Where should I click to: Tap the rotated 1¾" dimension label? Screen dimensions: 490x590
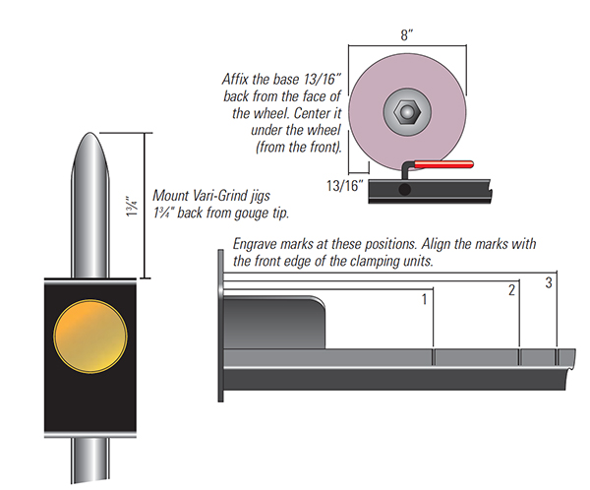coord(133,208)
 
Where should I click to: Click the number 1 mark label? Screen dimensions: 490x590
coord(425,298)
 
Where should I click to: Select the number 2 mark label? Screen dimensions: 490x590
coord(511,290)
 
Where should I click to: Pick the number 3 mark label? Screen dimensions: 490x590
coord(550,283)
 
